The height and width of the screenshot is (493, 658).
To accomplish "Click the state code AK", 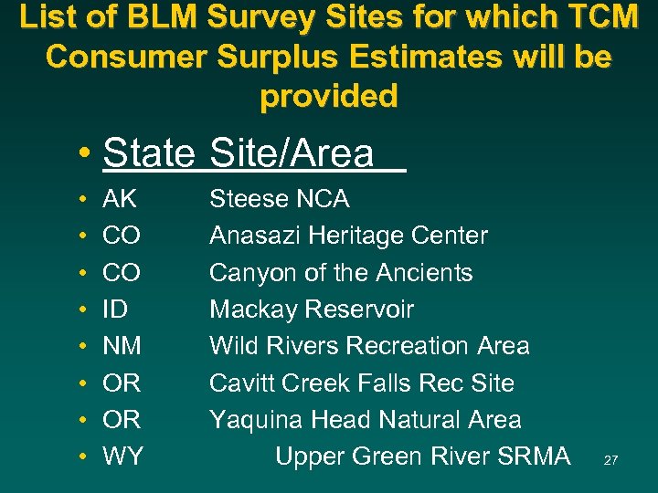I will click(x=121, y=199).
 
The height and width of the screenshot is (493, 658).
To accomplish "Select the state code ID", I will click(x=116, y=309).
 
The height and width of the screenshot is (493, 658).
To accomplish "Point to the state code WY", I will click(x=123, y=456).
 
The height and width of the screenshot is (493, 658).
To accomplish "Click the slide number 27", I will click(x=610, y=461).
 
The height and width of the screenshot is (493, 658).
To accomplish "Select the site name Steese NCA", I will click(x=279, y=199).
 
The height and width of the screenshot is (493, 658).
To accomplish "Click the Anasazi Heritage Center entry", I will click(x=348, y=236).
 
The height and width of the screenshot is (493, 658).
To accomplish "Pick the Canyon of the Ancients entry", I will click(x=341, y=272).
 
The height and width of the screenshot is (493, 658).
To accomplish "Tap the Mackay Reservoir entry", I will click(x=312, y=309).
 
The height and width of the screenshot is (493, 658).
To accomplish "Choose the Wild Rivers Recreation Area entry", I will click(x=369, y=346).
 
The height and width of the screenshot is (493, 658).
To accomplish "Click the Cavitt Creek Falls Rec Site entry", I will click(x=362, y=383).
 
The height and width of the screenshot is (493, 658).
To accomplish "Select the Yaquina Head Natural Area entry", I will click(x=366, y=420).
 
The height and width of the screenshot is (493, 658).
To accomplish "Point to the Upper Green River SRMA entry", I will click(x=422, y=456).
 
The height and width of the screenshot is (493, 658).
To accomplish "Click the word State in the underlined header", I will click(x=149, y=152).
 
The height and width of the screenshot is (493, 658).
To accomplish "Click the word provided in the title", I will click(x=329, y=96).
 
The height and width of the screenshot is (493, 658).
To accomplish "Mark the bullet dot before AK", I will click(x=82, y=200).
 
